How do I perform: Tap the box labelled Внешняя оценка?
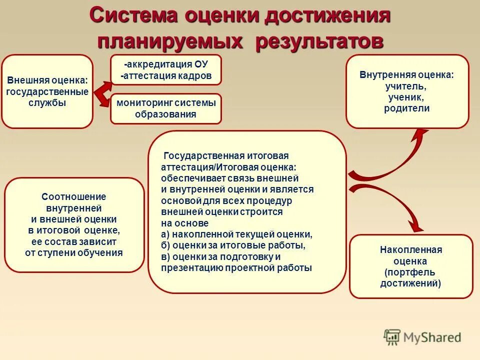click(47, 91)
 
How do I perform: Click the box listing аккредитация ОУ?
click(166, 70)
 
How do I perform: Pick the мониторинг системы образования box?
click(166, 108)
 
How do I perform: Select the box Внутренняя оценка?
click(407, 91)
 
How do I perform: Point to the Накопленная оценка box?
click(410, 266)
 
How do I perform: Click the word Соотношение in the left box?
click(74, 197)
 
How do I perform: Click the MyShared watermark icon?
click(392, 337)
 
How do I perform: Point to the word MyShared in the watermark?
click(432, 338)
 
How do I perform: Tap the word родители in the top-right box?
click(407, 108)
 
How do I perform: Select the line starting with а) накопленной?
click(236, 234)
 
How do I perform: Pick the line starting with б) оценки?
click(233, 245)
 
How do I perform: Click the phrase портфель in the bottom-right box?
click(411, 272)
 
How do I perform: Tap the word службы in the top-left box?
click(47, 103)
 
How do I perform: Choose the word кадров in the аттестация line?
click(195, 76)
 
